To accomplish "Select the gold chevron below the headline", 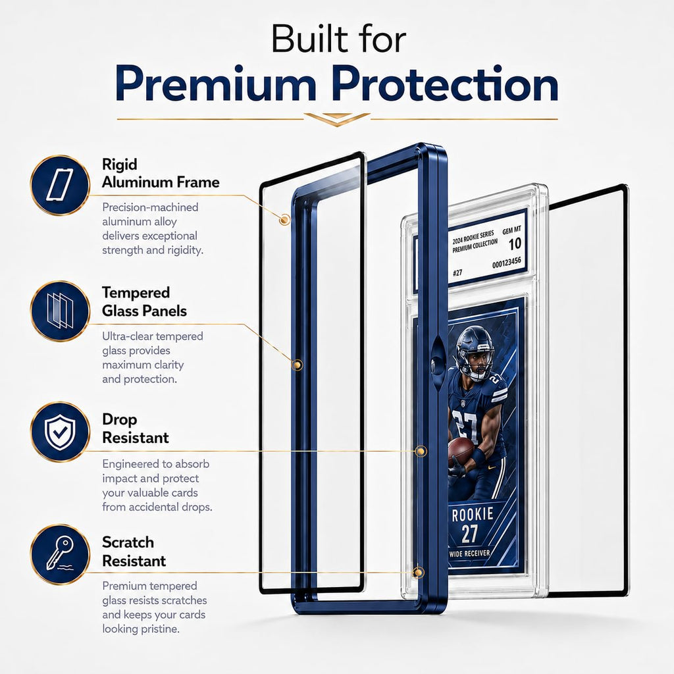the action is [x=337, y=119].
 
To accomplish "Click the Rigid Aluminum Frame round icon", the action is [x=60, y=185].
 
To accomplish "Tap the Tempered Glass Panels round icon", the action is [x=60, y=311].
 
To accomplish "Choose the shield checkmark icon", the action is [x=60, y=432].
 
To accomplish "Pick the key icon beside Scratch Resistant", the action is [x=60, y=554].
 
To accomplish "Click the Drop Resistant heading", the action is [x=136, y=428].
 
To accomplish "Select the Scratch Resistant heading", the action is [x=134, y=552].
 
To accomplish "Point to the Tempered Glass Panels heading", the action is [x=144, y=301].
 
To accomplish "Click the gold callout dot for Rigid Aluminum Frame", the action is [x=284, y=220].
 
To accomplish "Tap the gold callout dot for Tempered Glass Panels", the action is [x=297, y=365].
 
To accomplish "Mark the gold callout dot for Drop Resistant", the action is [x=421, y=451].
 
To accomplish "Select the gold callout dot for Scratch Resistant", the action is [x=417, y=573].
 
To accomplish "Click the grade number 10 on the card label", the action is [x=515, y=244].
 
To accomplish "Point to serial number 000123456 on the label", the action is [x=507, y=262].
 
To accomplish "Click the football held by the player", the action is [x=461, y=452].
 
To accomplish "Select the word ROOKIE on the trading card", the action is [x=473, y=514].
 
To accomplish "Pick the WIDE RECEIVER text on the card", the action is [x=469, y=553].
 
